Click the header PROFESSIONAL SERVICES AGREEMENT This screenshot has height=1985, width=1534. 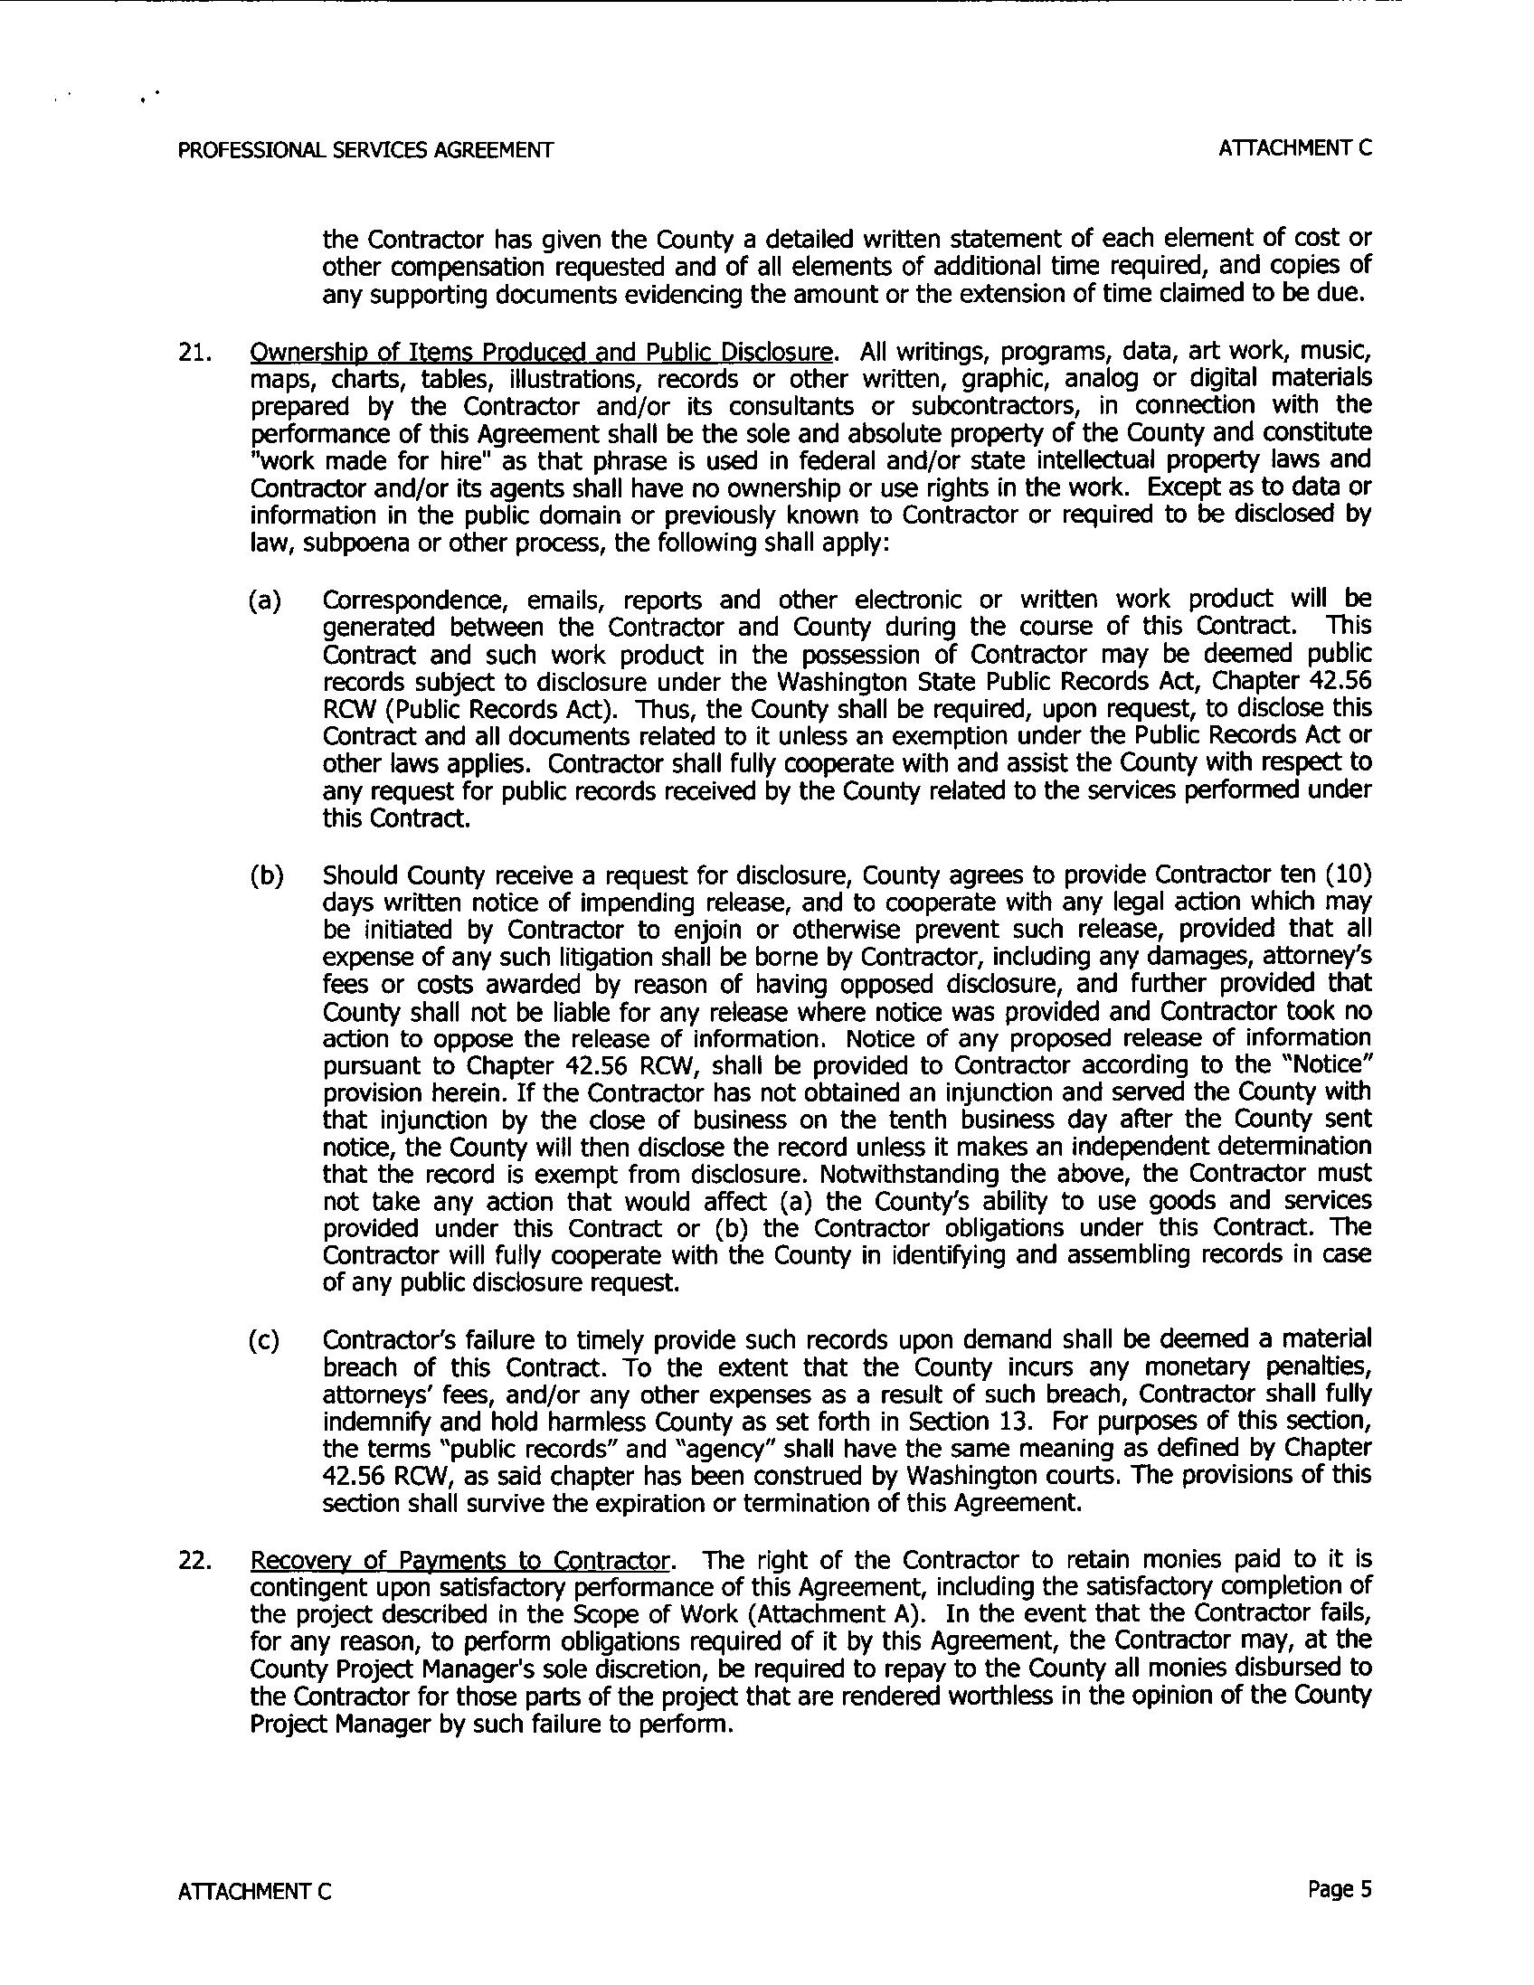[365, 150]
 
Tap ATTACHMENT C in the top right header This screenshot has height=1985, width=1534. [1295, 148]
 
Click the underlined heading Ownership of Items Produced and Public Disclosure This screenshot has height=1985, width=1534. [541, 352]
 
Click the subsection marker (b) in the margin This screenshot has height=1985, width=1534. [266, 875]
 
